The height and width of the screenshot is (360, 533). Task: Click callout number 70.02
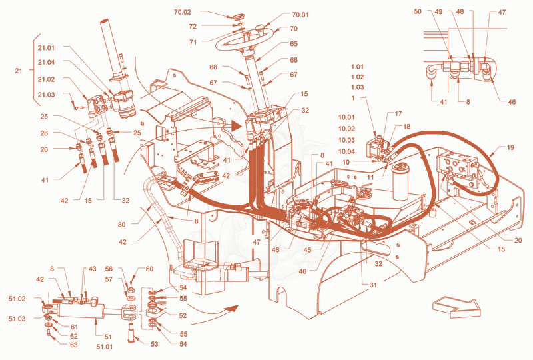tap(183, 12)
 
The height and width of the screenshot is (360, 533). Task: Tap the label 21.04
tap(46, 62)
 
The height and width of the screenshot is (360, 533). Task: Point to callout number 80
tap(122, 225)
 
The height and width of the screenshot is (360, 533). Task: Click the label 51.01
tap(105, 347)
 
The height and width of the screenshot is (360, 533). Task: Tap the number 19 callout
tap(510, 148)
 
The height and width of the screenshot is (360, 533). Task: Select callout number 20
tap(518, 241)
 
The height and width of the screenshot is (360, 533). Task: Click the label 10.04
tap(346, 151)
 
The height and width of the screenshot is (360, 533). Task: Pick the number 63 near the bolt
tap(74, 345)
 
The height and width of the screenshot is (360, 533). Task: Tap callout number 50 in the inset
tap(418, 11)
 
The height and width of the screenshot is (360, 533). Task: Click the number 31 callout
tap(373, 285)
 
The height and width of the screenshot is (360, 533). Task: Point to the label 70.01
tap(300, 15)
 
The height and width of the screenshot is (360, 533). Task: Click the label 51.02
tap(17, 299)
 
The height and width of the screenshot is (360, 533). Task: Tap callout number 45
tap(307, 250)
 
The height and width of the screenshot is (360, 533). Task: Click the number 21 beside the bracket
tap(19, 71)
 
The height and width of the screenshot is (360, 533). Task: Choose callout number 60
tap(149, 269)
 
